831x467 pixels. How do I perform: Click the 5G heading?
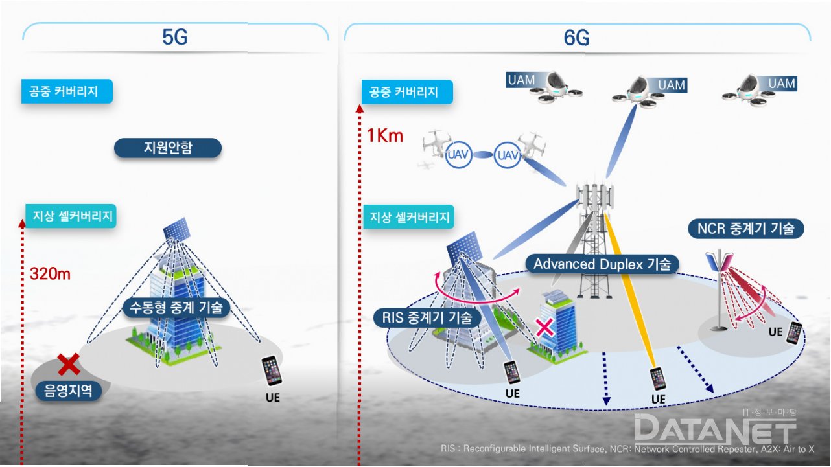tap(175, 38)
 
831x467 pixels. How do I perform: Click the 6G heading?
tap(576, 39)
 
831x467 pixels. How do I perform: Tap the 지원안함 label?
tap(168, 148)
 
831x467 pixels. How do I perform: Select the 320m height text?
tap(50, 273)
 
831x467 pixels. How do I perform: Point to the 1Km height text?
tap(384, 136)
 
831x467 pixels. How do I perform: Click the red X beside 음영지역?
tap(69, 365)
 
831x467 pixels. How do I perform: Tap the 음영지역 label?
tap(69, 390)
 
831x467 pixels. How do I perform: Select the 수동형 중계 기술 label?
tap(176, 308)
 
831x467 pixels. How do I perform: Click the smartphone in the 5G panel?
tap(272, 370)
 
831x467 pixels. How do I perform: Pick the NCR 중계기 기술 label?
tap(745, 229)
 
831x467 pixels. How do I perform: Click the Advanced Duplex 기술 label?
tap(602, 264)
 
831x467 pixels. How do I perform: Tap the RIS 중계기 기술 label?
tap(427, 317)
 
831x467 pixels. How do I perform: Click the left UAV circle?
tap(458, 155)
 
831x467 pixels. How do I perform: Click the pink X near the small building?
tap(545, 326)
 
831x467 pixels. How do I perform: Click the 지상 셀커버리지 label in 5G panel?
tap(70, 216)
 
